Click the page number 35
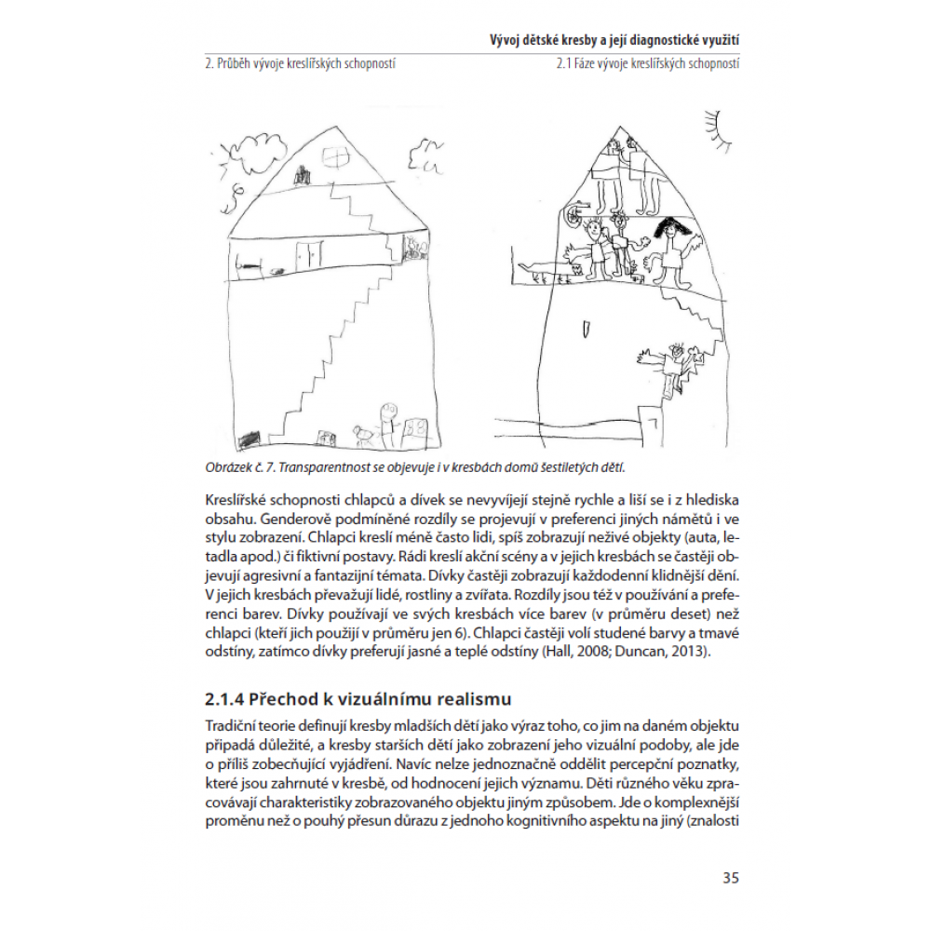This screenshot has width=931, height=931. point(730,878)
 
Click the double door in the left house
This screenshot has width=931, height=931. point(308,252)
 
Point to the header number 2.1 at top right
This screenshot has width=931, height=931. point(562,66)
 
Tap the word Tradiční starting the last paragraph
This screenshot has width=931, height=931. point(233,725)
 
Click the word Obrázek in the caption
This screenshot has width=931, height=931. point(225,467)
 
